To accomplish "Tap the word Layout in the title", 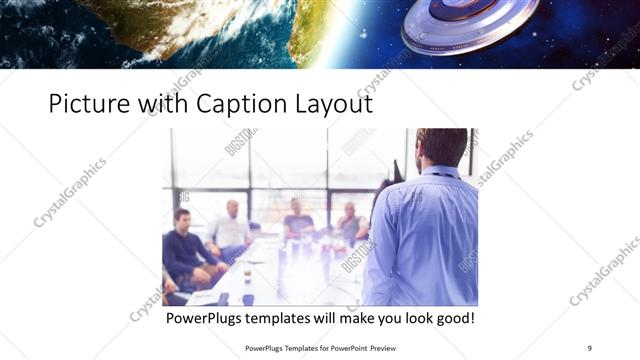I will [335, 103].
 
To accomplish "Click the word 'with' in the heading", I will [163, 103].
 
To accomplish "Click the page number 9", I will [590, 348].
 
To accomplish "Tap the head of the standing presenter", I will [442, 148].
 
